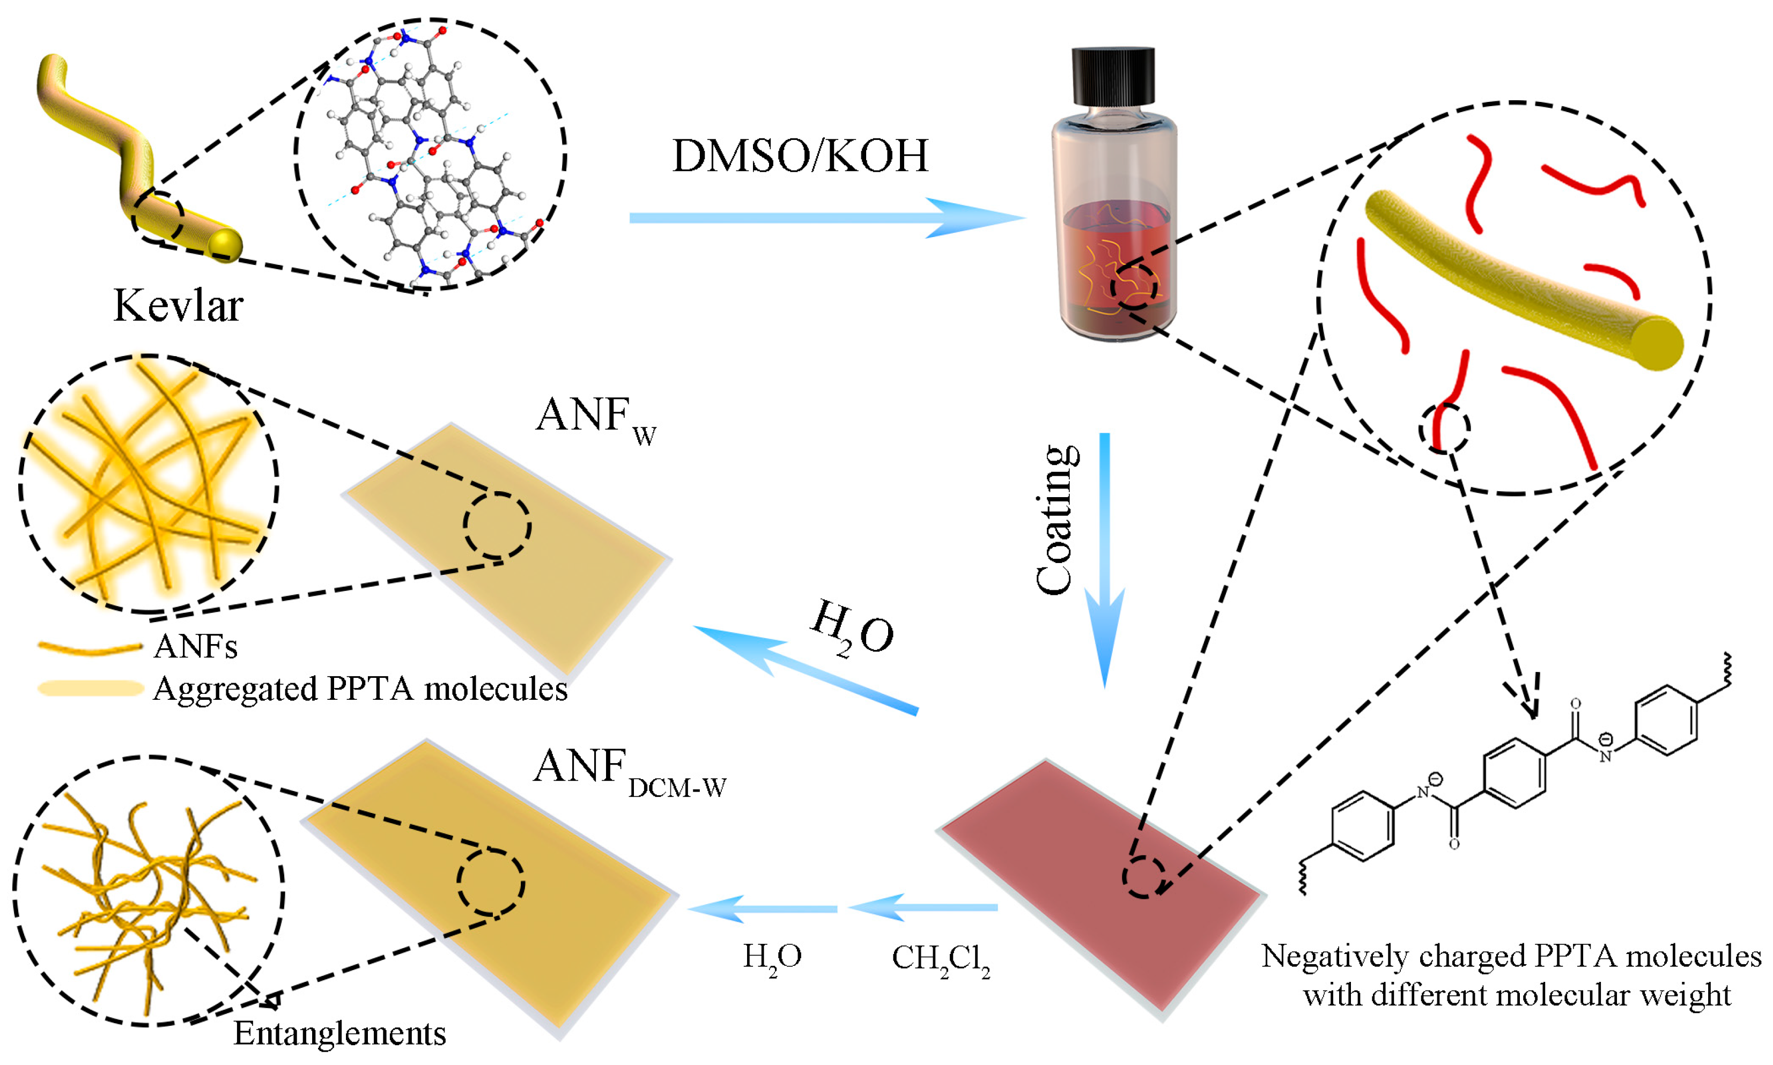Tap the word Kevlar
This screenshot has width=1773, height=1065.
coord(178,306)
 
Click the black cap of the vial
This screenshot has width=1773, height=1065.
coord(1113,77)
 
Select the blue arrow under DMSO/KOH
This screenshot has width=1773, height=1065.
coord(825,217)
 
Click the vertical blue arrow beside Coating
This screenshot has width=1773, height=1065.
coord(1104,560)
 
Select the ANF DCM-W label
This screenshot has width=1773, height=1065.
coord(629,772)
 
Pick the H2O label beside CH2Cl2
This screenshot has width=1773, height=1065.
coord(771,958)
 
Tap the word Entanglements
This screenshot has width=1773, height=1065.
coord(339,1034)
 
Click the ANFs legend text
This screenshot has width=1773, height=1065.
coord(195,647)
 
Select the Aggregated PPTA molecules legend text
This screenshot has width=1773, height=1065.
coord(360,689)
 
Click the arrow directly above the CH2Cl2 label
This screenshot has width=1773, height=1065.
coord(922,908)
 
